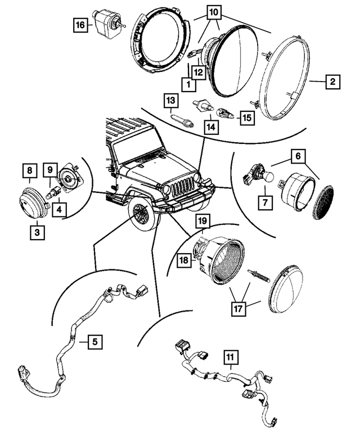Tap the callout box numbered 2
[x=332, y=82]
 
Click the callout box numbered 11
[x=231, y=356]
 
